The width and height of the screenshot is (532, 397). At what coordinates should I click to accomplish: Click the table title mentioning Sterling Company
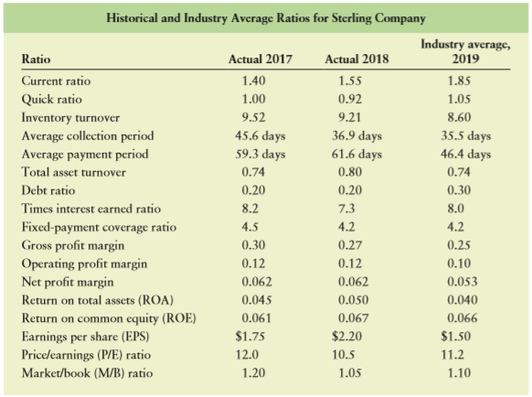(266, 18)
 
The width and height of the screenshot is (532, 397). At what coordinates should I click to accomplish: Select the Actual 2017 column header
(261, 59)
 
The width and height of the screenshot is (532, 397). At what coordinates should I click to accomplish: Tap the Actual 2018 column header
(356, 59)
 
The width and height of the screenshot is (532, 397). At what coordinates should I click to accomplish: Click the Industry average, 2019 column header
(465, 51)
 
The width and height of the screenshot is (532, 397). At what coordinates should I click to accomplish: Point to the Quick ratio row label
(51, 100)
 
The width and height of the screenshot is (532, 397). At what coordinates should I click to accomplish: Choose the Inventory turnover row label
(70, 117)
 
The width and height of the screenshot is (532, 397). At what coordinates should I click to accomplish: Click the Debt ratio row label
(48, 190)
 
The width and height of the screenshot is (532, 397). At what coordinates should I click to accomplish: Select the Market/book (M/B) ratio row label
(87, 373)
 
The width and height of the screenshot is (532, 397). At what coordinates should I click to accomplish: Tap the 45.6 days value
(261, 136)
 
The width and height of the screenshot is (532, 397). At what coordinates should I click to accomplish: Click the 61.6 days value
(356, 155)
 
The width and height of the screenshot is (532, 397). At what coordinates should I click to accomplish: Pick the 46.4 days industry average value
(465, 155)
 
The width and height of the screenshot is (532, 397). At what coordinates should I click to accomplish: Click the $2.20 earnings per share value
(346, 337)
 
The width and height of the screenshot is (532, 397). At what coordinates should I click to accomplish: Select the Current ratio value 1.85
(459, 80)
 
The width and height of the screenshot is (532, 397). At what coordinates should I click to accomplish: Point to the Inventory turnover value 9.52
(253, 117)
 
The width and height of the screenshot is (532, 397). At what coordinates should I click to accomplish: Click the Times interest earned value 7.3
(346, 209)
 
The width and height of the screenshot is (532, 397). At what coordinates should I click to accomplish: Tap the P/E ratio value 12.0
(247, 355)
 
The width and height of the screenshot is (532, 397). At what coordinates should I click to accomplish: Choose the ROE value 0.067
(353, 318)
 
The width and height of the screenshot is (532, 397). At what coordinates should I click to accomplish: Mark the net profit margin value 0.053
(463, 282)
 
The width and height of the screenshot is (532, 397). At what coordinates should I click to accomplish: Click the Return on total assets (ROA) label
(98, 300)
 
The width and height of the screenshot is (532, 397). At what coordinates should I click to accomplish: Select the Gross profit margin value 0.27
(350, 245)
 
